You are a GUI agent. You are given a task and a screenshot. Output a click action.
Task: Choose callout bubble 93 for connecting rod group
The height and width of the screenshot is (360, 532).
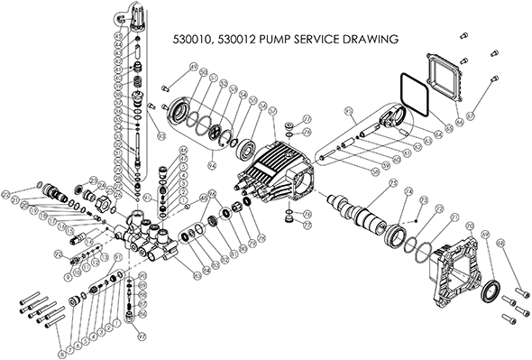click(x=348, y=112)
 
